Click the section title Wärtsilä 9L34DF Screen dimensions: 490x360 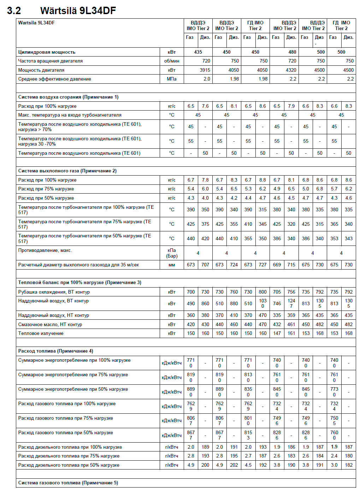click(78, 10)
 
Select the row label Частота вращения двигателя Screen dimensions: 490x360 click(50, 61)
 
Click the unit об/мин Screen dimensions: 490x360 click(172, 61)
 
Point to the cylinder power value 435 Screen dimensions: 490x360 click(198, 52)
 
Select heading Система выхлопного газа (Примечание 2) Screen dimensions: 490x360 click(67, 171)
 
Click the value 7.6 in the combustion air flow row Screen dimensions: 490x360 click(205, 106)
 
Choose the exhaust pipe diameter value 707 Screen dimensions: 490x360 click(205, 265)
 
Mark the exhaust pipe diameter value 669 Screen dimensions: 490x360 click(277, 265)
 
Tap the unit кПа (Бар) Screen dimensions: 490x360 click(172, 253)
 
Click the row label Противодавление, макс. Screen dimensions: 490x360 click(45, 250)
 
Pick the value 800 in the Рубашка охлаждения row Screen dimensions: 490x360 click(262, 292)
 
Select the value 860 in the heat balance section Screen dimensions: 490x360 click(205, 303)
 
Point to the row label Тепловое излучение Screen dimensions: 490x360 click(41, 333)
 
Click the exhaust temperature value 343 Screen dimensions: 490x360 click(349, 238)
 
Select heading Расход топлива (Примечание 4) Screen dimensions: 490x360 click(55, 351)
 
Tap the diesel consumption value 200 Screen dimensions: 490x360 click(205, 465)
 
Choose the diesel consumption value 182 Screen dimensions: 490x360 click(349, 465)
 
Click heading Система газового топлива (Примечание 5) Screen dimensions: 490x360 click(68, 483)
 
